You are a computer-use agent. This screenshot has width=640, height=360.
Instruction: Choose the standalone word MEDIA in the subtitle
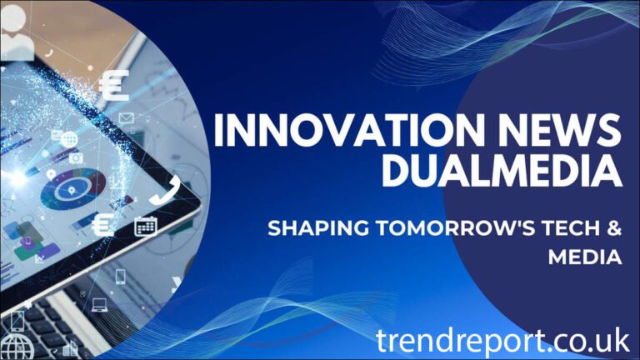[x=585, y=258]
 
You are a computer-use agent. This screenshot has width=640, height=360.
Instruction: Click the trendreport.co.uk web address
[x=502, y=339]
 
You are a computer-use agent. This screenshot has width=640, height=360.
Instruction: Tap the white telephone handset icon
[x=161, y=189]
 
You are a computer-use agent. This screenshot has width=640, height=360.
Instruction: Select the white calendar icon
[x=146, y=225]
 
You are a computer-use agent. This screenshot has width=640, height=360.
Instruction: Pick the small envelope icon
[x=127, y=118]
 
